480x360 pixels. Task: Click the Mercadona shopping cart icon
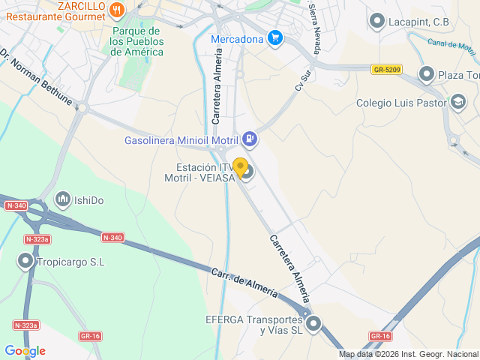point(275,38)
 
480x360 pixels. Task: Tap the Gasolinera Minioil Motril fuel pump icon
point(250,139)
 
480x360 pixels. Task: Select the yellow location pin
point(240,166)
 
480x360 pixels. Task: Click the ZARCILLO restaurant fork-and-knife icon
point(115,10)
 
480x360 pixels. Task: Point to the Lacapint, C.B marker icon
point(377,22)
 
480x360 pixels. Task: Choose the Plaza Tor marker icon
point(427,73)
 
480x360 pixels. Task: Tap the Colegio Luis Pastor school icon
point(457,102)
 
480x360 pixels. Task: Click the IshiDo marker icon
point(61,200)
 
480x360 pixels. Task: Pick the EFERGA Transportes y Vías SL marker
point(313,324)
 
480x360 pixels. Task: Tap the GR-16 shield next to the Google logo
point(90,336)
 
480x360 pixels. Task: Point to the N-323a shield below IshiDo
point(37,239)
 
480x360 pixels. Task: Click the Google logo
point(25,351)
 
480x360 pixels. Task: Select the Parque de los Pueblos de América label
point(136,41)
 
